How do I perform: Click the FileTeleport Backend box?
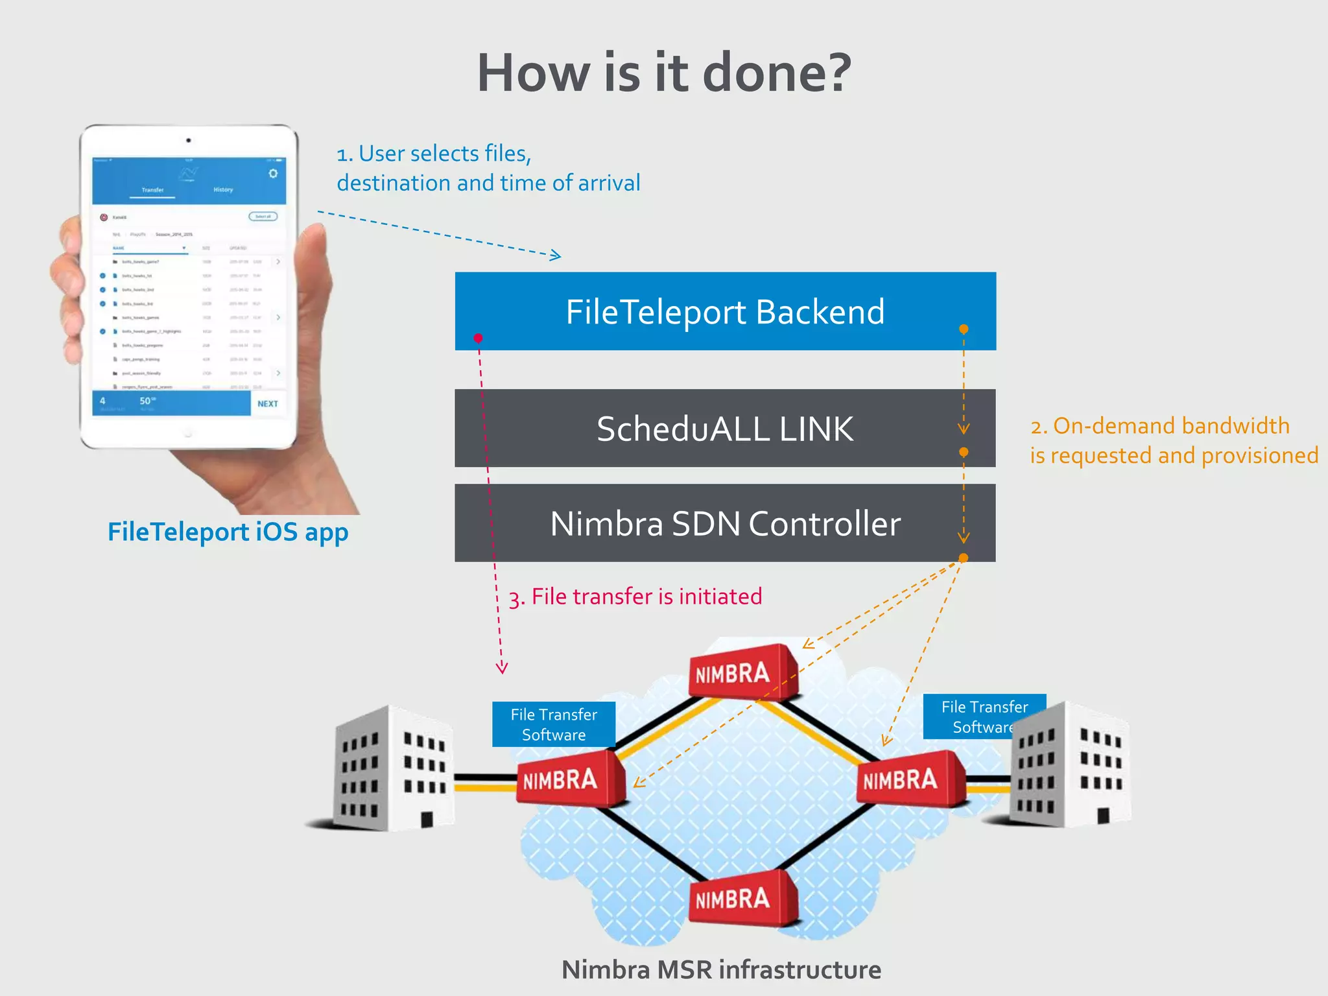click(x=725, y=311)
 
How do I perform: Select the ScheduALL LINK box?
click(x=725, y=429)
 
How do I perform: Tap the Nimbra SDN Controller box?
click(x=725, y=523)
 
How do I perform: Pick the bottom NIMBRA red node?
click(x=739, y=899)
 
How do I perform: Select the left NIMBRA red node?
click(x=567, y=779)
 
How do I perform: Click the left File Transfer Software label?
click(x=554, y=724)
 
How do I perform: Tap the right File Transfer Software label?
click(x=984, y=717)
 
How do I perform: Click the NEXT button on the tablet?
click(x=268, y=403)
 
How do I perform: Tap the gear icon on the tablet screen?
click(x=273, y=173)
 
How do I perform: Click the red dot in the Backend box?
click(x=478, y=338)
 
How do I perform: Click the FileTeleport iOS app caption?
click(x=228, y=532)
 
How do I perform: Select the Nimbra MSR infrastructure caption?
click(x=721, y=969)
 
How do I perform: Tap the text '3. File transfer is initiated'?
click(x=635, y=597)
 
